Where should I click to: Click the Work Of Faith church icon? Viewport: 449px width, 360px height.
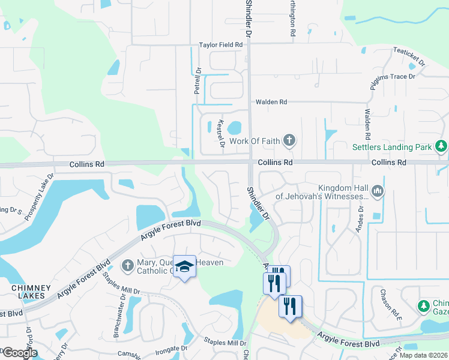click(289, 142)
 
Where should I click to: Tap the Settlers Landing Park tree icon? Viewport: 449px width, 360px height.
click(441, 146)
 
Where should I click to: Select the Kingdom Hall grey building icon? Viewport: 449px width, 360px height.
click(378, 191)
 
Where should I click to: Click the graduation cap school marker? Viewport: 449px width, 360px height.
click(184, 266)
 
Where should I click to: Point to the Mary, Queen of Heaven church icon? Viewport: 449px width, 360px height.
click(127, 265)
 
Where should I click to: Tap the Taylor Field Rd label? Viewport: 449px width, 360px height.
click(221, 45)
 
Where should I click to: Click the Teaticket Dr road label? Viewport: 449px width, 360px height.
click(411, 58)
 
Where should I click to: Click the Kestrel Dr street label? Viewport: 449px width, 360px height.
click(220, 133)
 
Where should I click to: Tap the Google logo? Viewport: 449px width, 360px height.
click(20, 352)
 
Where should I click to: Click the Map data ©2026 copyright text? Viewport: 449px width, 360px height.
click(423, 355)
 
